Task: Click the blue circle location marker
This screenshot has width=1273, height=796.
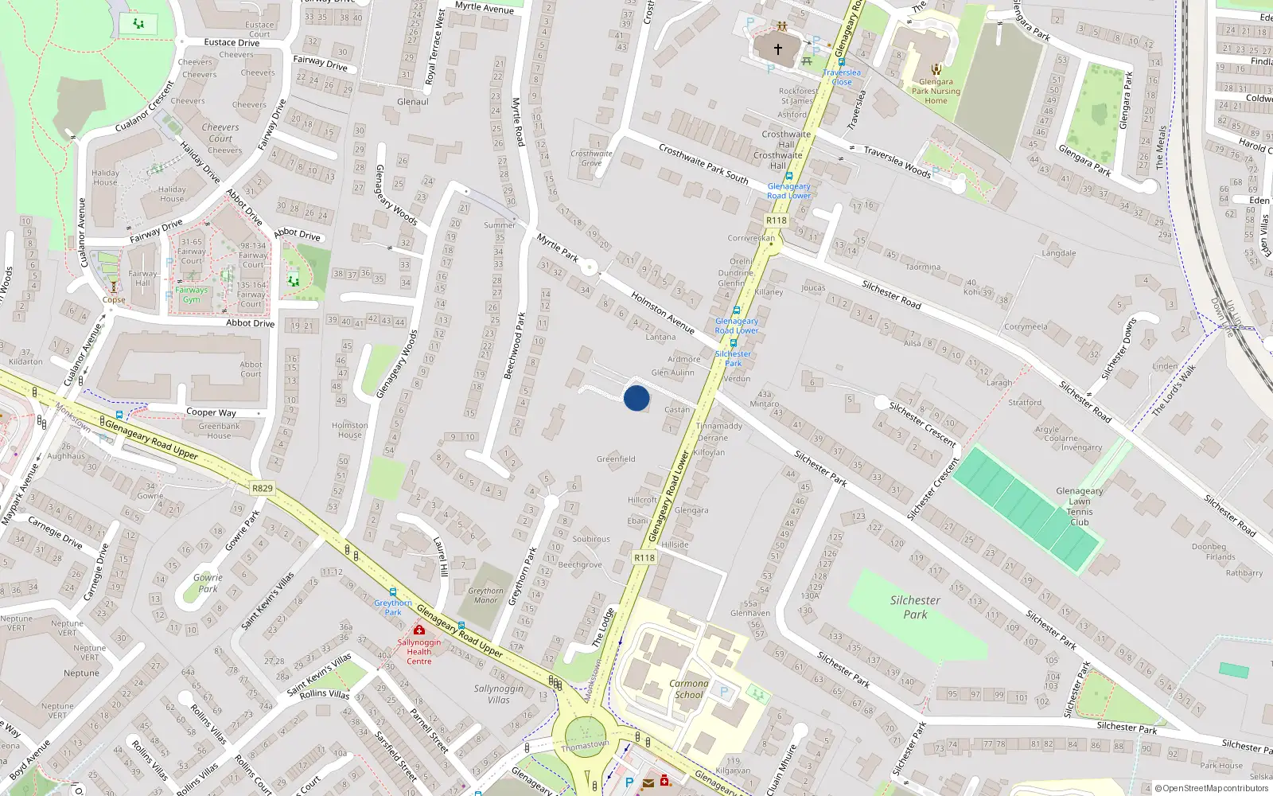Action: tap(636, 398)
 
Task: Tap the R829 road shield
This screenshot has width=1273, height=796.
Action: tap(262, 488)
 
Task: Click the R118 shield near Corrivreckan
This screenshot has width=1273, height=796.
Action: tap(776, 220)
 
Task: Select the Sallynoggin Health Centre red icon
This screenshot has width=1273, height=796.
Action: tap(419, 630)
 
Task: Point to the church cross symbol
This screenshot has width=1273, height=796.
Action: tap(778, 49)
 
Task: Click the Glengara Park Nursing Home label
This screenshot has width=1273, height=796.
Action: tap(936, 91)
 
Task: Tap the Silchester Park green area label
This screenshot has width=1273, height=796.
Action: tap(915, 607)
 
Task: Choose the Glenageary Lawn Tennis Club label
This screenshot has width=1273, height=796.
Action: tap(1079, 506)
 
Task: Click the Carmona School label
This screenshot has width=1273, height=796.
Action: tap(688, 689)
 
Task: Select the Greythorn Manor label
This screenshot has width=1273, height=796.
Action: tap(485, 595)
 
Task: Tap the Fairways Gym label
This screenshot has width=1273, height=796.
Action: tap(192, 295)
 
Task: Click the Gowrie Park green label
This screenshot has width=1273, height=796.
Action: tap(208, 583)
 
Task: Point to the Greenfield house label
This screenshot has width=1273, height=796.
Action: tap(616, 459)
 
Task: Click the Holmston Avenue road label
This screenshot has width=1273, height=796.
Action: tap(662, 312)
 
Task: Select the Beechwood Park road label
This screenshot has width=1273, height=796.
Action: tap(514, 345)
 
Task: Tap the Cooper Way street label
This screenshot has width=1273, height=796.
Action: tap(211, 412)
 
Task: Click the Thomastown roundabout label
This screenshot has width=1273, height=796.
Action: tap(585, 746)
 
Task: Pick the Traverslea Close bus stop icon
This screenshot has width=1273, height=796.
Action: tap(841, 62)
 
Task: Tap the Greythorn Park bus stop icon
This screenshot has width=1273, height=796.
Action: tap(393, 592)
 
